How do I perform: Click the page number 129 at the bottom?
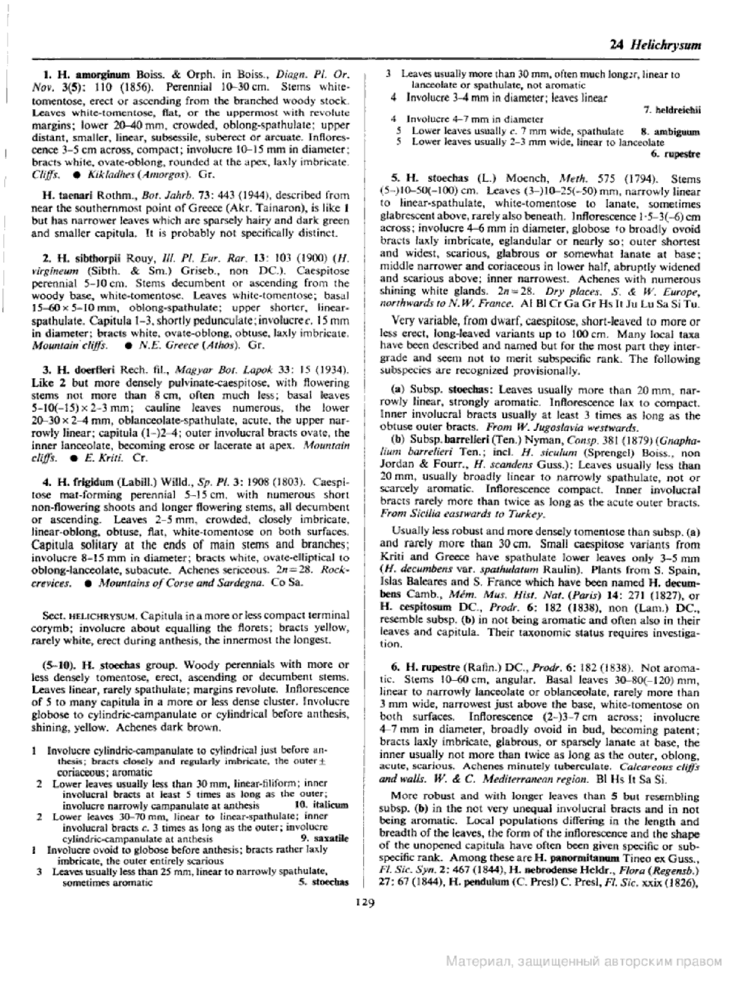[365, 902]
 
